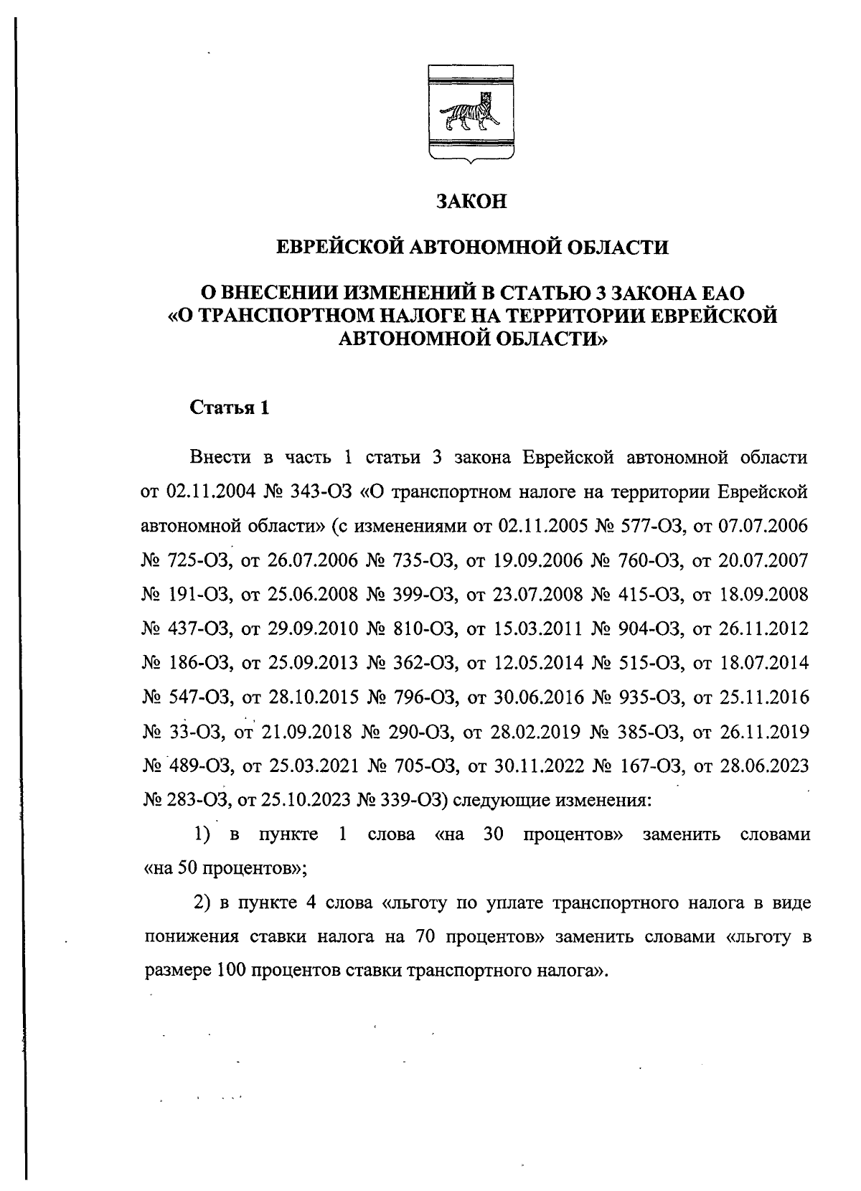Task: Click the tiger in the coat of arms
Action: (x=471, y=115)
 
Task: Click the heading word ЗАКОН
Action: (x=472, y=202)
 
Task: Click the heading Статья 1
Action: (x=230, y=408)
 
